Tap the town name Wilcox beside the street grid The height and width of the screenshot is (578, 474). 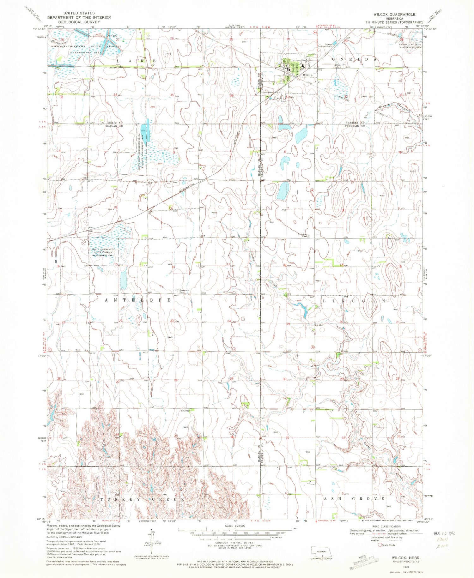coord(307,75)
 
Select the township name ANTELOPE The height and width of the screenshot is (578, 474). coord(138,300)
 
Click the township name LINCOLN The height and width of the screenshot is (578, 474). coord(354,301)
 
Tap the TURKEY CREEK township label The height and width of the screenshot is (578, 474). coord(142,499)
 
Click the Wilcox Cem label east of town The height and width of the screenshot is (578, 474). coord(339,66)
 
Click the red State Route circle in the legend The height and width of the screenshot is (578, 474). coord(380,545)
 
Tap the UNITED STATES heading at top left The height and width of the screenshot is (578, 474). coord(79,13)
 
